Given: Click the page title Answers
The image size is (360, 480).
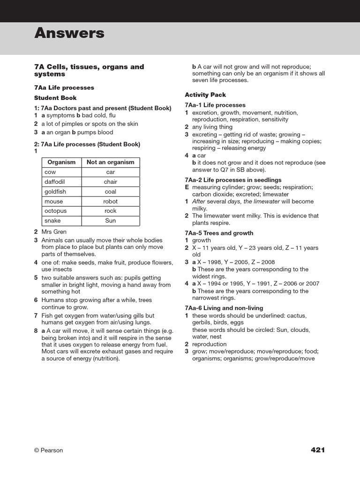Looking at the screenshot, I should [x=69, y=33].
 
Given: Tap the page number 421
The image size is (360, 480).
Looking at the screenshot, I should [x=317, y=450].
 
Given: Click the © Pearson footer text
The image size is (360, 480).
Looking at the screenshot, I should [x=48, y=450].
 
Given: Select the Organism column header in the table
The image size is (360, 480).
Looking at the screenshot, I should [x=62, y=162].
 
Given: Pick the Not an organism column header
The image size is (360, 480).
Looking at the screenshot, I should [x=111, y=162].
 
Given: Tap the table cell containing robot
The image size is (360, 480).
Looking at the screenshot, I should [x=111, y=202].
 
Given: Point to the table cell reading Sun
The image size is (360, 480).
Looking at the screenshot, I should [x=111, y=221].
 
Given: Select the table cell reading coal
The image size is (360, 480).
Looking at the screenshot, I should [x=111, y=192].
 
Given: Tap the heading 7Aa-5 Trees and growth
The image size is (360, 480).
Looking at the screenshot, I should [x=219, y=233].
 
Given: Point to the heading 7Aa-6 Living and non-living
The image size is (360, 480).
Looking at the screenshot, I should [x=224, y=308].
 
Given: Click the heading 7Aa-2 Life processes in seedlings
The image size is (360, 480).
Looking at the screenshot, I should [x=233, y=180].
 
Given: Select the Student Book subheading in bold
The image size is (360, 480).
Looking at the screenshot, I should [x=55, y=98].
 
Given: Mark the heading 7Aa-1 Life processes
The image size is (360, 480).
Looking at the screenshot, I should [x=215, y=105].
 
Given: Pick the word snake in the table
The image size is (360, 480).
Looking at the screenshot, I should [x=52, y=221].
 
